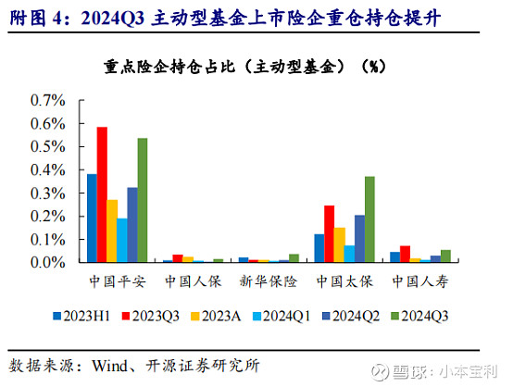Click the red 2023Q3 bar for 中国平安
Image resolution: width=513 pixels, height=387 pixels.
coord(102,194)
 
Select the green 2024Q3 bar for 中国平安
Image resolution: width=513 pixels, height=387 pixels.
coord(143,200)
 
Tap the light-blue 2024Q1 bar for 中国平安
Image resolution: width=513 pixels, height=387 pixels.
coord(122,240)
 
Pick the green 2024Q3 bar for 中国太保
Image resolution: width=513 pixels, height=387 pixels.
coord(369,219)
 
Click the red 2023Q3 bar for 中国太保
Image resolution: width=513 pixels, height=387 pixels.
coord(329,233)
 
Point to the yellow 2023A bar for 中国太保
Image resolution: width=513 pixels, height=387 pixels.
coord(339,244)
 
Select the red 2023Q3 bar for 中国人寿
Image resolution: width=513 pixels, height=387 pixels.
coord(405,254)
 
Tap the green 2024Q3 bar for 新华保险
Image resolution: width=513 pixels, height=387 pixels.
coord(294,257)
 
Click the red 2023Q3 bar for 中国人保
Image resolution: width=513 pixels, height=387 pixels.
coord(178,258)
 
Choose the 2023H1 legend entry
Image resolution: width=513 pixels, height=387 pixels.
coord(81,316)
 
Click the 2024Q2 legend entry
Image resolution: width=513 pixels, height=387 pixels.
coord(351,316)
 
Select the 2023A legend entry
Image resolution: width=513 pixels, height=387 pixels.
coord(216,316)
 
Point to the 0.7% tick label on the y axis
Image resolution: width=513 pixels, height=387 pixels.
coord(48,100)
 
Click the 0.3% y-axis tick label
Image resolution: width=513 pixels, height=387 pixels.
coord(48,193)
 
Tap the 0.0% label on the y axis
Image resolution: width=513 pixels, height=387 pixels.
coord(48,262)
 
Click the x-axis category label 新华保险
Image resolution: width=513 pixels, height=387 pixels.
coord(269,281)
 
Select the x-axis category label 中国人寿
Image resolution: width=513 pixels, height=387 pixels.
coord(420,281)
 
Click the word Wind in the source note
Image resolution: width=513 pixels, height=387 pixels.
coord(110,366)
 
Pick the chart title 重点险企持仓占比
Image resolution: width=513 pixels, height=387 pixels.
coord(169,67)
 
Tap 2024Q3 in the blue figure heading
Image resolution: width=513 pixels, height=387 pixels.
coord(113,18)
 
